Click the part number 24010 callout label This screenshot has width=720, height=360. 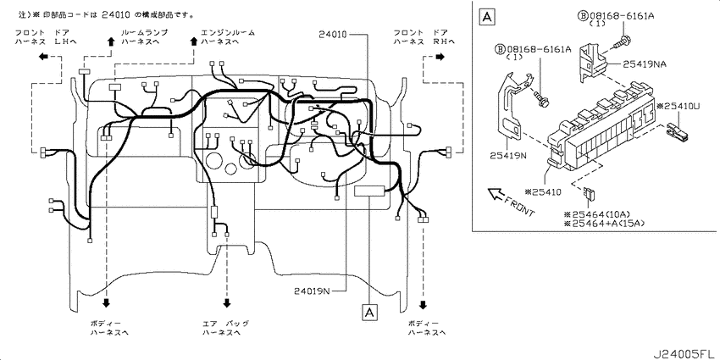tap(334, 35)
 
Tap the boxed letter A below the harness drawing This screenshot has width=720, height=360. tap(369, 312)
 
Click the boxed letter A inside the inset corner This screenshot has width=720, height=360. tap(486, 16)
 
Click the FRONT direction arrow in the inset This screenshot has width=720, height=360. tap(507, 204)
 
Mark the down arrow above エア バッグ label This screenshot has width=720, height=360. tap(227, 301)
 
